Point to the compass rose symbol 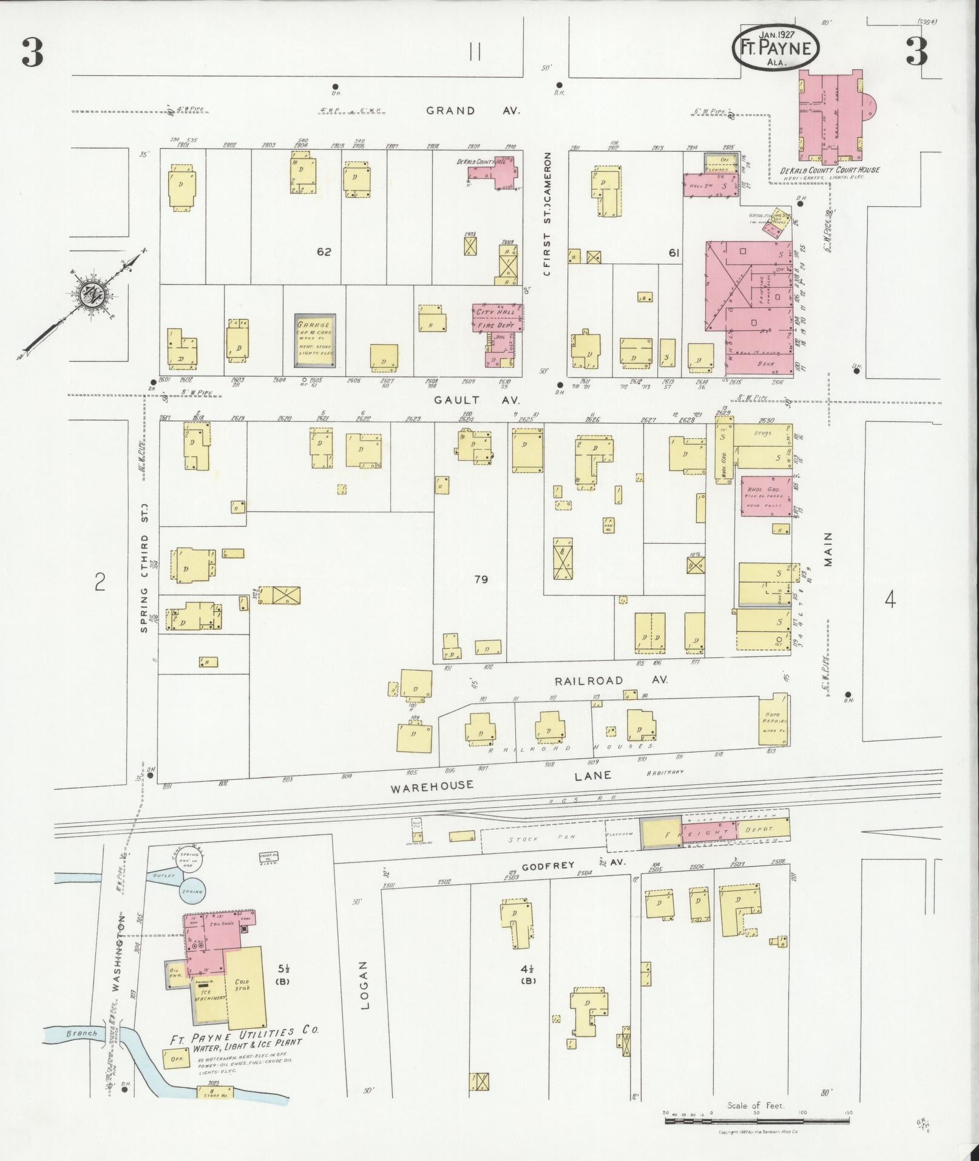click(93, 296)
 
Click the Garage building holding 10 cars click(315, 340)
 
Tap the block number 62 click(324, 251)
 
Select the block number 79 click(481, 580)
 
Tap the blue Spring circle click(192, 891)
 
